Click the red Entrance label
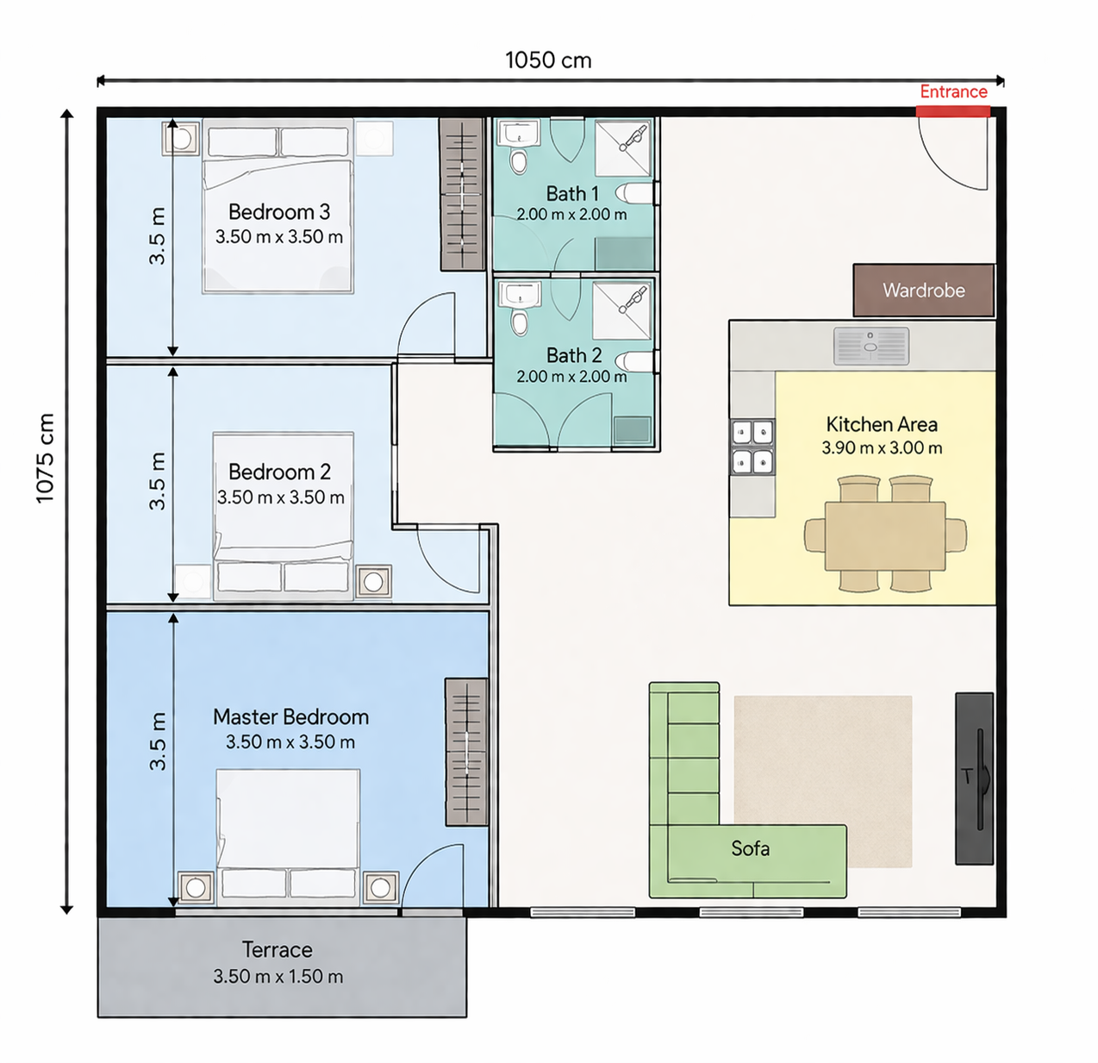coord(953,92)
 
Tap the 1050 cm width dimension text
coord(548,60)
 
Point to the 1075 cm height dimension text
coord(45,458)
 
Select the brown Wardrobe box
coord(924,291)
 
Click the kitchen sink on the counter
coord(871,346)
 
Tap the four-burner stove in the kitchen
coord(752,447)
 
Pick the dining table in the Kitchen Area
coord(885,535)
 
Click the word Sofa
coord(750,848)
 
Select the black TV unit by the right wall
coord(974,778)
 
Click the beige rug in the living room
coord(823,781)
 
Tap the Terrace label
coord(277,950)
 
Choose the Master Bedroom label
coord(290,717)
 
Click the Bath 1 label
coord(572,194)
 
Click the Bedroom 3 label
coord(278,212)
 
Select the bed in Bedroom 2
coord(284,516)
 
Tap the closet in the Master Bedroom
coord(466,752)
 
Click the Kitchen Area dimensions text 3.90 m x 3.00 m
coord(882,448)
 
